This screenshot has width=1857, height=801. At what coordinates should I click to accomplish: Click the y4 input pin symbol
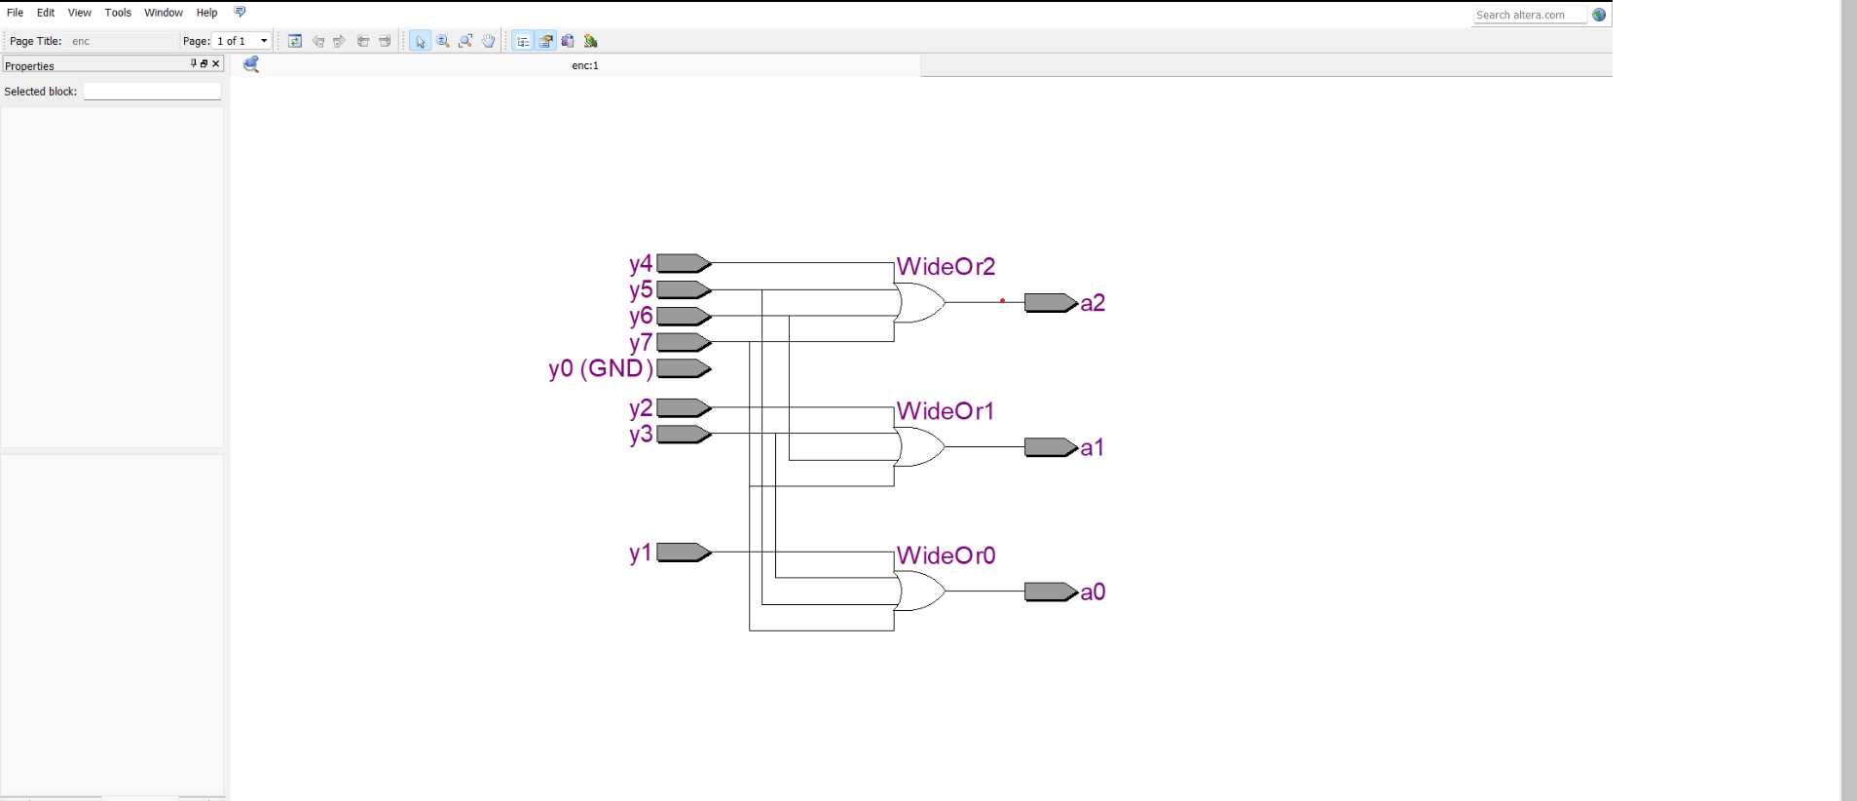(x=684, y=263)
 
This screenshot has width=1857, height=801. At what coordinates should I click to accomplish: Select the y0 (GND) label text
(x=601, y=368)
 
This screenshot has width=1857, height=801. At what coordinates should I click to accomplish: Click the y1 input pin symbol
(x=684, y=553)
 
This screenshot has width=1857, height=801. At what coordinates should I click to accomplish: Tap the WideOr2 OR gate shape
(x=919, y=303)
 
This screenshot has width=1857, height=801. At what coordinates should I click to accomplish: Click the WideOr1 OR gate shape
(x=919, y=447)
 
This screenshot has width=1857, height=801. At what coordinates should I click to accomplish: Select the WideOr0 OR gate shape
(x=919, y=591)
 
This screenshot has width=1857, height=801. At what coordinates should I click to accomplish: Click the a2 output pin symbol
(x=1050, y=303)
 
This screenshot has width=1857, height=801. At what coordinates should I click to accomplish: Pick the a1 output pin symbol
(x=1050, y=447)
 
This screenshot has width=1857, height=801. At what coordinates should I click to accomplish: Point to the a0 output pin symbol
(x=1050, y=591)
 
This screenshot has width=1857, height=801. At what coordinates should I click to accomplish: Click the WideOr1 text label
(x=945, y=411)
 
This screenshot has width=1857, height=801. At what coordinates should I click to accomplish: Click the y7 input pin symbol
(x=684, y=342)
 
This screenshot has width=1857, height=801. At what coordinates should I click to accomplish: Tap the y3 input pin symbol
(x=684, y=434)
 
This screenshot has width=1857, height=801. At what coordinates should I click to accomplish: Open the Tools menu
(x=118, y=13)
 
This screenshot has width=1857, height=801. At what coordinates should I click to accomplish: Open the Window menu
(x=163, y=13)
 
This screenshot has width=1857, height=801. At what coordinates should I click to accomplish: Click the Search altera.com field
(x=1528, y=15)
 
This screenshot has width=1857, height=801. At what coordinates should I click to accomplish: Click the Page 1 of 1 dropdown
(x=241, y=41)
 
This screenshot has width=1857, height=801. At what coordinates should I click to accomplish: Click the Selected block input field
(x=152, y=92)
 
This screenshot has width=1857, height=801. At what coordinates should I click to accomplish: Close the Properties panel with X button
(x=216, y=63)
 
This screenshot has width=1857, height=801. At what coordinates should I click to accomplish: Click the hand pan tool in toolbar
(x=489, y=41)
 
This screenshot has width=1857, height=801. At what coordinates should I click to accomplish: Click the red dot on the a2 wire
(x=1002, y=301)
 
